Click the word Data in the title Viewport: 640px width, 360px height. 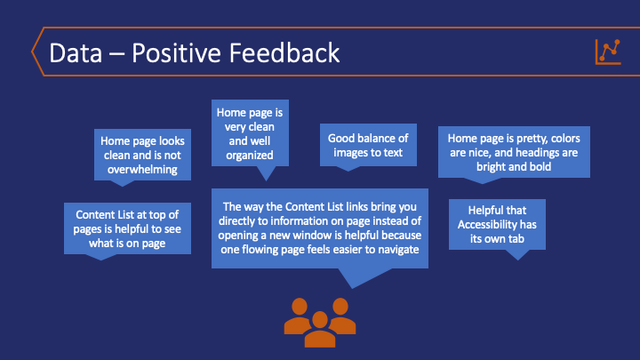tap(76, 53)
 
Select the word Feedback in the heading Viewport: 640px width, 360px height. tap(284, 53)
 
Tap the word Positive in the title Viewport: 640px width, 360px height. tap(176, 53)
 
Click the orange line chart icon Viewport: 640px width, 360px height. tap(608, 52)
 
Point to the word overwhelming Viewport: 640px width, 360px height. tap(142, 170)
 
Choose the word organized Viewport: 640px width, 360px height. tap(250, 156)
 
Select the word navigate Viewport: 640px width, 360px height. tap(398, 250)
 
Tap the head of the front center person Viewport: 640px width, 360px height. tap(320, 320)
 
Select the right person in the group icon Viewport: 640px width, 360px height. tap(340, 316)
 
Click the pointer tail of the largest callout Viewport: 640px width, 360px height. tap(359, 277)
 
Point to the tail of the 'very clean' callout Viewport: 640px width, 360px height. tap(267, 173)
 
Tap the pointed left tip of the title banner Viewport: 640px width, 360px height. tap(32, 52)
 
